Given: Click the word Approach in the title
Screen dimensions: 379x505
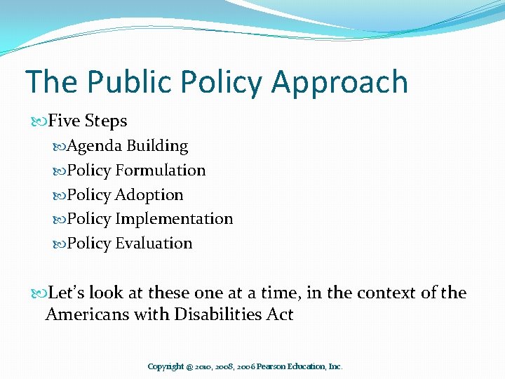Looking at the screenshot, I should point(339,83).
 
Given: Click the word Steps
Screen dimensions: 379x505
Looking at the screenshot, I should point(106,122).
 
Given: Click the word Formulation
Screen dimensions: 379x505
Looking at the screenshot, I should point(161,171).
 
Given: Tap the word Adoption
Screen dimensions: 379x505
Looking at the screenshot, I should point(149,195).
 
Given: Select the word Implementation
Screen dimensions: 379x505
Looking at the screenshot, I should point(174,219).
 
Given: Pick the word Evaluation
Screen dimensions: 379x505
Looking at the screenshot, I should point(154,244).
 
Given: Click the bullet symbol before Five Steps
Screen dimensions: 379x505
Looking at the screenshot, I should point(39,121).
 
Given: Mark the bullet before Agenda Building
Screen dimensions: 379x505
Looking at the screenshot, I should point(59,147).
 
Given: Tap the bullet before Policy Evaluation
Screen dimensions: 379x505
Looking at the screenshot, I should point(59,244).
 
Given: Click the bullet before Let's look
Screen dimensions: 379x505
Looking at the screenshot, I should point(39,293).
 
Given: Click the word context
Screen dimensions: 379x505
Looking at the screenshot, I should point(374,293).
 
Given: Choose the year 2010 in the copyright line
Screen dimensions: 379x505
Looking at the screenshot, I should point(196,367).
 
